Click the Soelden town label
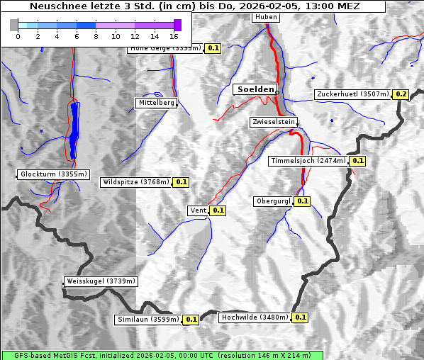click(254, 89)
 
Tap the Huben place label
click(265, 17)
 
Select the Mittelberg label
click(156, 103)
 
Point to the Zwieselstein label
click(273, 122)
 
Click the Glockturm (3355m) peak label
click(54, 174)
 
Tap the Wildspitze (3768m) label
click(136, 182)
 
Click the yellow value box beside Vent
click(218, 210)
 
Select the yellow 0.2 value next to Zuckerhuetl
click(401, 94)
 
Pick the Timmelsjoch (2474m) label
click(308, 161)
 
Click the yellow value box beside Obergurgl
click(303, 201)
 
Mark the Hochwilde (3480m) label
click(254, 317)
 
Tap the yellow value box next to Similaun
click(191, 320)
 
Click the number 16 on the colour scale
click(174, 36)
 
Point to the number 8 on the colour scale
click(96, 36)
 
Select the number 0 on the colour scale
click(17, 36)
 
